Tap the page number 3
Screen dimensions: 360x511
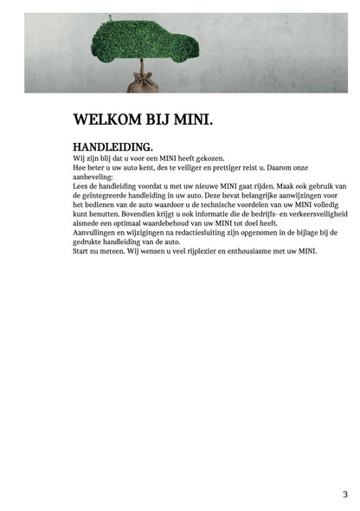click(345, 495)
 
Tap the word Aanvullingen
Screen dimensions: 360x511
click(99, 231)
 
